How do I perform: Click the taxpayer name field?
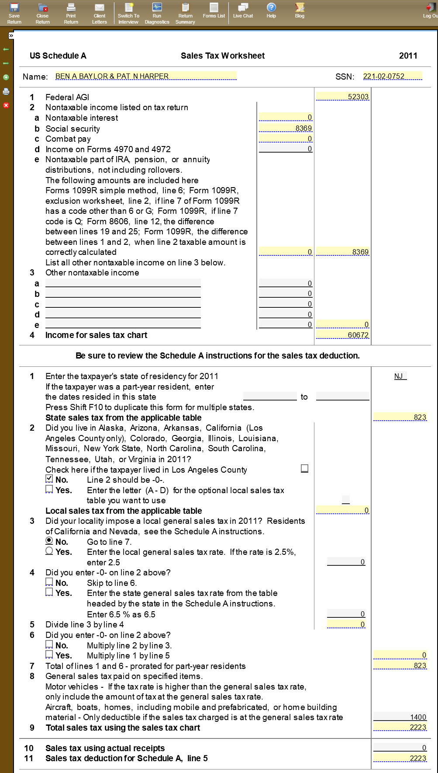coord(145,76)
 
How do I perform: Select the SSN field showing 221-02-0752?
coord(392,76)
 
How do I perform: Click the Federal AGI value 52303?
coord(343,96)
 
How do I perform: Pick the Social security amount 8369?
coord(286,128)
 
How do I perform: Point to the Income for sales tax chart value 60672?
coord(343,334)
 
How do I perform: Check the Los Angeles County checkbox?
coord(304,468)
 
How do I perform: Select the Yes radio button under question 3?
coord(49,551)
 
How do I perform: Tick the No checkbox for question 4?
coord(49,582)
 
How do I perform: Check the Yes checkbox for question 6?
coord(49,654)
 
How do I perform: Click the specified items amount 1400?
coord(400,717)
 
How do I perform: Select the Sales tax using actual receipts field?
coord(400,747)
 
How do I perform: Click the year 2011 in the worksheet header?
coord(408,56)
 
